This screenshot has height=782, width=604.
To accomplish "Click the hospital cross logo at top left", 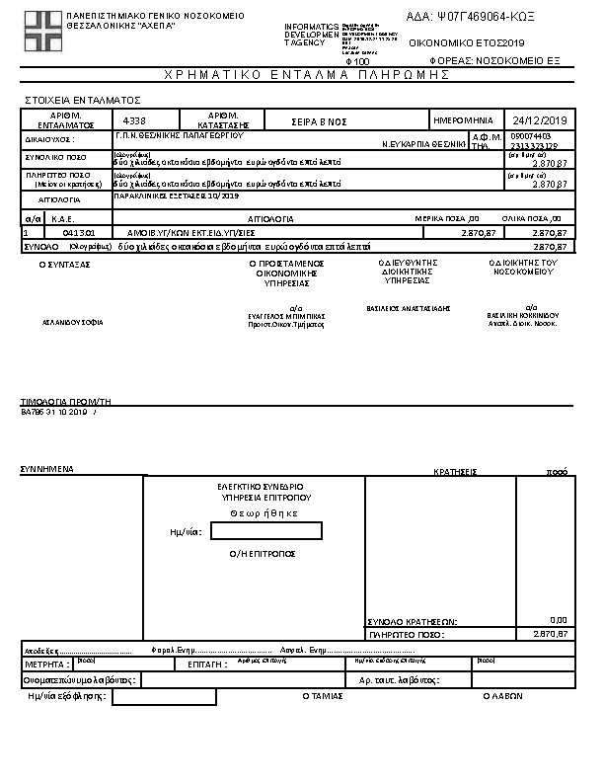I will click(41, 32).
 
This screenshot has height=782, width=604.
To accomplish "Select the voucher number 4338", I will click(134, 119).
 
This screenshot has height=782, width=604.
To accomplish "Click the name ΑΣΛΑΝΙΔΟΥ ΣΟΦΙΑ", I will click(72, 322).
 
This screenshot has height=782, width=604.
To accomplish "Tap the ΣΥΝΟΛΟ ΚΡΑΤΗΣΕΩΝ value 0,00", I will click(558, 620).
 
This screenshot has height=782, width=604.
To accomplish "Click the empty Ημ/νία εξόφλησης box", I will click(164, 697).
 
